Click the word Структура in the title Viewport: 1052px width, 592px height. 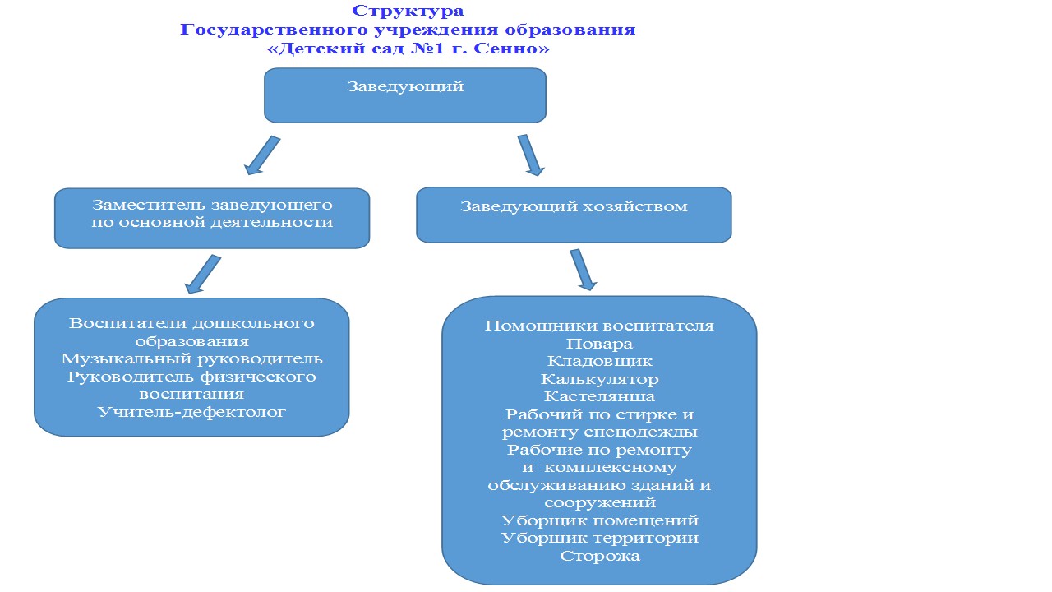click(x=408, y=11)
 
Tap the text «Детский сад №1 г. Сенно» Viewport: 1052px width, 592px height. click(x=408, y=48)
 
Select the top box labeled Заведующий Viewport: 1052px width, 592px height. click(x=405, y=95)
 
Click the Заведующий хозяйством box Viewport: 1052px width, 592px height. click(x=574, y=215)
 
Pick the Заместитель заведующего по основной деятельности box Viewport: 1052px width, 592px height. click(x=212, y=219)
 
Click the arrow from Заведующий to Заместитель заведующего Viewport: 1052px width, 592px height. click(x=262, y=155)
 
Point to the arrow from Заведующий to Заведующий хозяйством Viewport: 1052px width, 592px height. click(x=531, y=155)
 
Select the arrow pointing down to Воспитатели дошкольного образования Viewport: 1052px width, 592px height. click(x=202, y=275)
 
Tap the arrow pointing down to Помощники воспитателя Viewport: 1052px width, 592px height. click(x=584, y=270)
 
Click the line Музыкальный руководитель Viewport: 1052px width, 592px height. click(x=191, y=359)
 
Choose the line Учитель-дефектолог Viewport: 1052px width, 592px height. click(x=191, y=412)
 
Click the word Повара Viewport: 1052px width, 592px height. click(x=599, y=344)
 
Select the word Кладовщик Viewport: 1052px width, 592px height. click(x=599, y=361)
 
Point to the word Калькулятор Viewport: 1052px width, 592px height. click(x=599, y=379)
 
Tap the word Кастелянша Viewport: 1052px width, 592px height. click(x=599, y=396)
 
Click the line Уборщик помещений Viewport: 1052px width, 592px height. click(x=599, y=520)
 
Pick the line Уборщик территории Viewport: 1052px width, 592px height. click(x=599, y=538)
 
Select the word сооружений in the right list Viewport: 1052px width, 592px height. click(x=599, y=502)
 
